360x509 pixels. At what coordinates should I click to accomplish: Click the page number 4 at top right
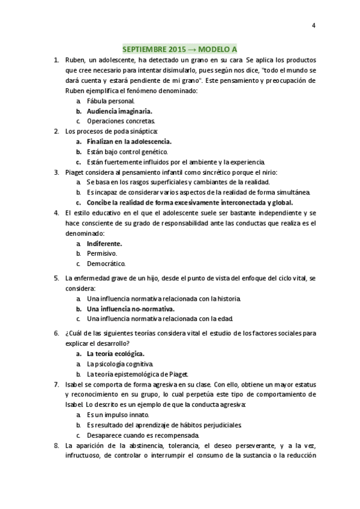tap(313, 25)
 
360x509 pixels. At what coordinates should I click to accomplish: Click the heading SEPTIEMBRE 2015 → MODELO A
tap(179, 49)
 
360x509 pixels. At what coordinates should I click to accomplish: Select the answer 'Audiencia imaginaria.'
tap(119, 111)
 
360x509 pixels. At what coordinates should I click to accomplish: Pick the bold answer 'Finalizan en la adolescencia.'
tap(128, 142)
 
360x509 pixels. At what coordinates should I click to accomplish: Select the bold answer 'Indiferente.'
tap(104, 244)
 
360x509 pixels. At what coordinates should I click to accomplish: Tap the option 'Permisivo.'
tap(101, 253)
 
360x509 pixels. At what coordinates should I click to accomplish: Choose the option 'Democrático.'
tap(106, 264)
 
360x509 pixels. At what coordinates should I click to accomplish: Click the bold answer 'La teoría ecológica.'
tap(115, 354)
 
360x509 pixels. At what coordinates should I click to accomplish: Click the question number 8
tap(56, 445)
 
